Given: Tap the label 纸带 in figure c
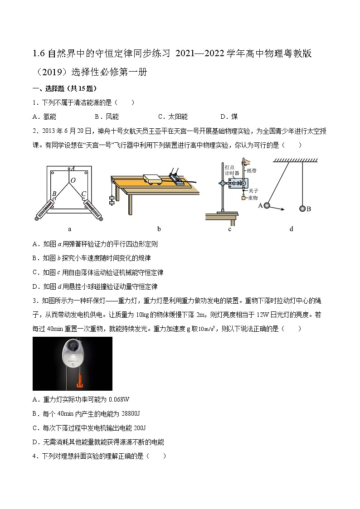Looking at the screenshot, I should pyautogui.click(x=252, y=171).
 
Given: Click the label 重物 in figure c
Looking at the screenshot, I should pyautogui.click(x=253, y=198).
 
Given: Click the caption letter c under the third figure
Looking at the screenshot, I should pyautogui.click(x=230, y=229).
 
